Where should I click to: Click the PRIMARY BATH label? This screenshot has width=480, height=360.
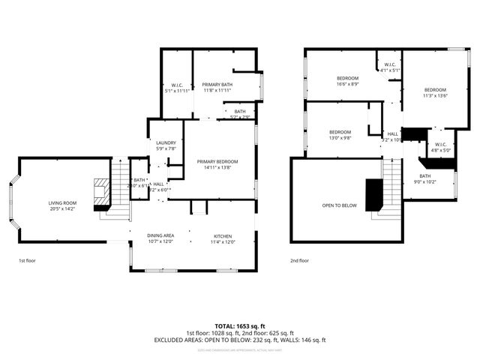tap(217, 85)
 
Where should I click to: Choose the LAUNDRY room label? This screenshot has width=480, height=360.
tap(166, 142)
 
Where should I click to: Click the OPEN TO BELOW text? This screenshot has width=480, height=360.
tap(339, 205)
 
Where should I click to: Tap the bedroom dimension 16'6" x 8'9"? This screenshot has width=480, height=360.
tap(347, 84)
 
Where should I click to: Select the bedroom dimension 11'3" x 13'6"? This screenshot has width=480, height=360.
tap(434, 95)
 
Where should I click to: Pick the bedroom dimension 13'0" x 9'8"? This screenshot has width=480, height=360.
tap(339, 138)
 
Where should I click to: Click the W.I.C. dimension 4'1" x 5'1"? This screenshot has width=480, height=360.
tap(390, 70)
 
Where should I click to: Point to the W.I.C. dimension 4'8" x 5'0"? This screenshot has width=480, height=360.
tap(440, 150)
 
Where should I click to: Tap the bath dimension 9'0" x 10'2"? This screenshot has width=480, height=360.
tap(425, 181)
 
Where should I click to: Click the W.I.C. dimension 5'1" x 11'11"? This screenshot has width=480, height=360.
tap(178, 91)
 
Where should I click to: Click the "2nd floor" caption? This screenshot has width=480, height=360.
tap(300, 261)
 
